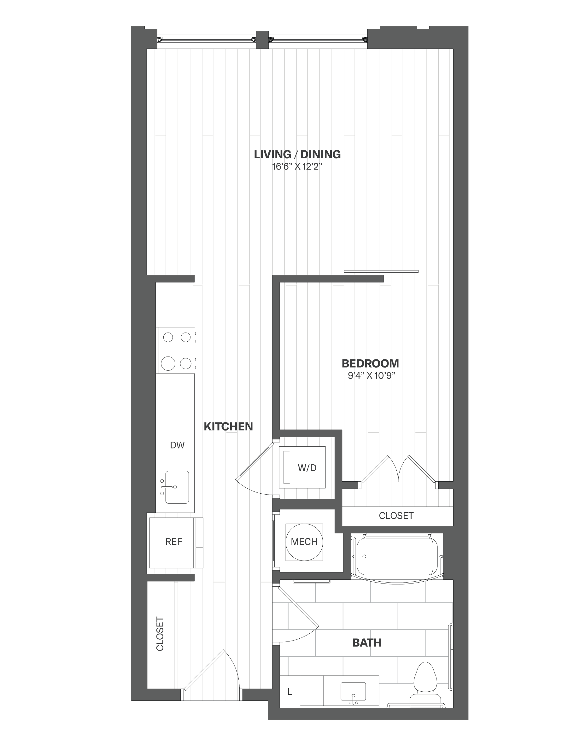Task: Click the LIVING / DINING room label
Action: click(x=297, y=154)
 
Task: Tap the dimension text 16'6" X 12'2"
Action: click(x=297, y=167)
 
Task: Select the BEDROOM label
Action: click(x=370, y=363)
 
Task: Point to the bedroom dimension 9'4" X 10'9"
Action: click(x=371, y=375)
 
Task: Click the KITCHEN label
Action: click(x=228, y=426)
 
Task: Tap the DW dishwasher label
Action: click(x=177, y=445)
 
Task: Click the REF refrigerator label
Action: click(x=173, y=542)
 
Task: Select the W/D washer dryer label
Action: click(x=307, y=467)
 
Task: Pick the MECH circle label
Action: click(x=304, y=542)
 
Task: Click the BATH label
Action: click(x=367, y=642)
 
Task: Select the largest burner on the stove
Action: click(x=168, y=363)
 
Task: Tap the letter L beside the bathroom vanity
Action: click(x=290, y=692)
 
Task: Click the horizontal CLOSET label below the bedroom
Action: click(x=396, y=515)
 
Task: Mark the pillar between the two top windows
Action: click(x=262, y=40)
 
